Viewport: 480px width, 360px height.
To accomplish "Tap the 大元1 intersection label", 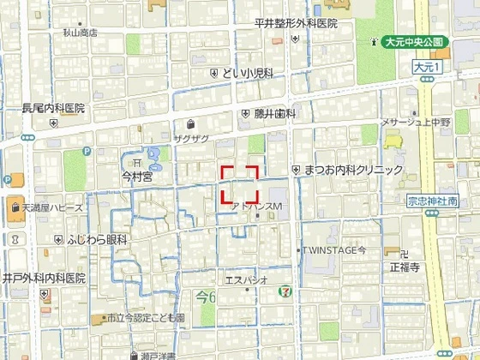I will click(x=425, y=66).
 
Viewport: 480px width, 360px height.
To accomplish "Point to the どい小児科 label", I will click(x=248, y=75).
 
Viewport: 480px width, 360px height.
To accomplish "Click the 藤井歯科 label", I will click(x=274, y=113).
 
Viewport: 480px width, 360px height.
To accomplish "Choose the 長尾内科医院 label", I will click(x=53, y=109).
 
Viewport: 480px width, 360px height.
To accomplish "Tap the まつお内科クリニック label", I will click(x=352, y=171).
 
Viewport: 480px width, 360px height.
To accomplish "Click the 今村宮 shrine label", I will click(x=136, y=177).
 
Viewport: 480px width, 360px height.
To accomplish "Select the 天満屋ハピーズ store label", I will click(x=53, y=208).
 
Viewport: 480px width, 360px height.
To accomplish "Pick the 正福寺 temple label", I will click(x=404, y=267).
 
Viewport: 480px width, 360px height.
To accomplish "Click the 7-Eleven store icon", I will click(x=283, y=291).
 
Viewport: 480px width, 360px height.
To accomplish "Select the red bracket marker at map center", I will click(x=240, y=184).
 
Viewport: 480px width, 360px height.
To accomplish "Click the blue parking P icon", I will click(x=8, y=180).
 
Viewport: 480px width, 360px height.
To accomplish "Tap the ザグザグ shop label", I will click(x=191, y=138).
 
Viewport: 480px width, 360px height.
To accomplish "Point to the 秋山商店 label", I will click(x=80, y=32).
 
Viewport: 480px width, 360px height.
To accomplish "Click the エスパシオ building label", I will click(x=247, y=279).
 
